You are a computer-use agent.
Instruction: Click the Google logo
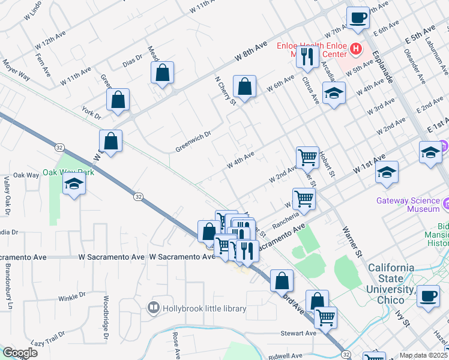[x=19, y=353]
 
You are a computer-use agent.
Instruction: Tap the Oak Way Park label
[x=69, y=172]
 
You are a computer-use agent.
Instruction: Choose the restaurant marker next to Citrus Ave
[x=307, y=57]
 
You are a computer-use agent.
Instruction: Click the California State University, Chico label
[x=400, y=277]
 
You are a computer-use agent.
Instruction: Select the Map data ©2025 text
[x=423, y=355]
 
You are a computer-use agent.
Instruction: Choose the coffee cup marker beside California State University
[x=428, y=296]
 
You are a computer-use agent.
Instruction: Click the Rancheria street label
[x=287, y=217]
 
